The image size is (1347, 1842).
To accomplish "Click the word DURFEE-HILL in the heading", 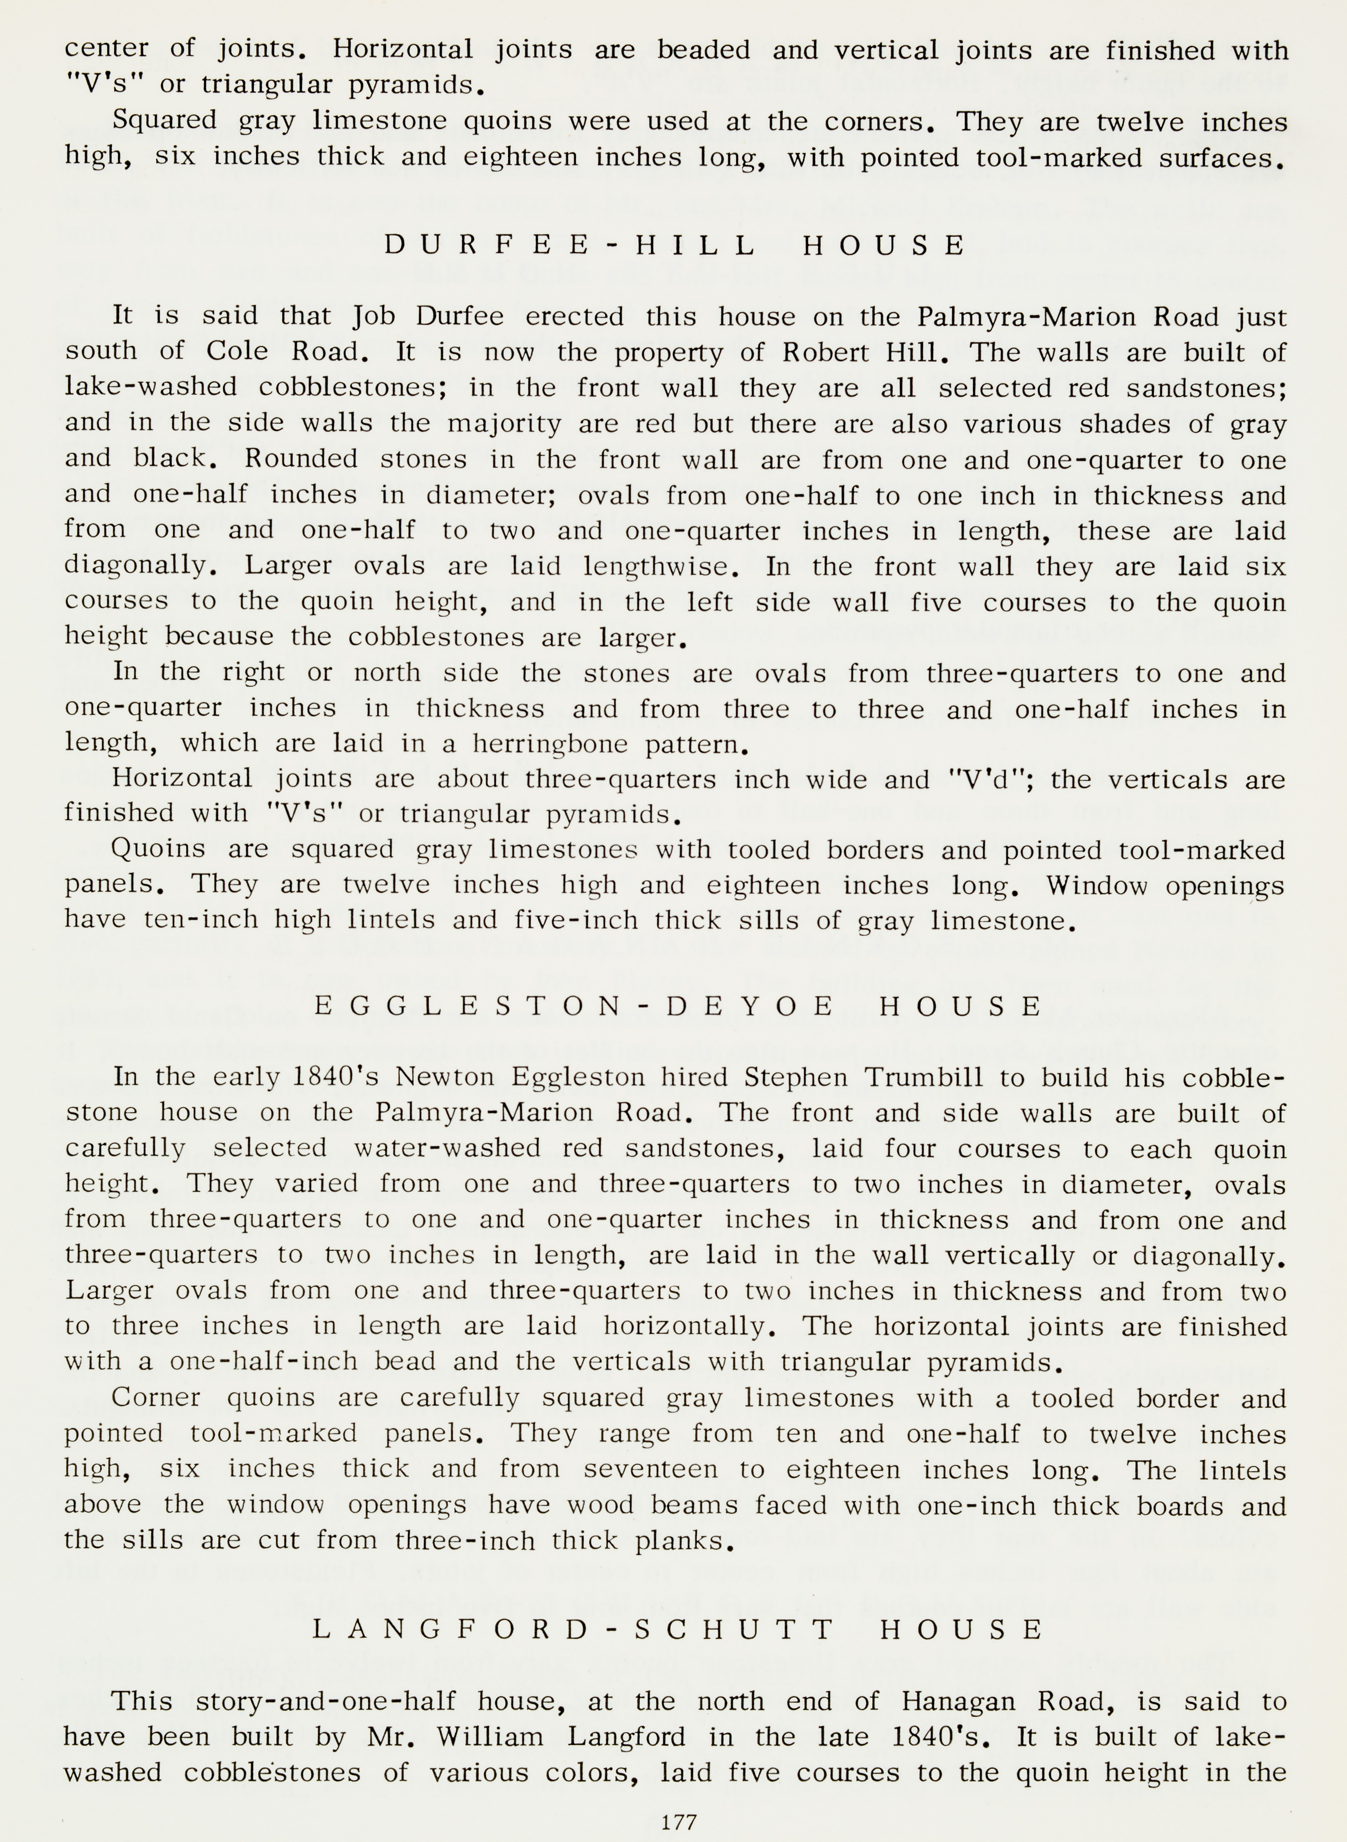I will (569, 245).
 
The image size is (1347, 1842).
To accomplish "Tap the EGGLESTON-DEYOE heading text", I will (573, 1007).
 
